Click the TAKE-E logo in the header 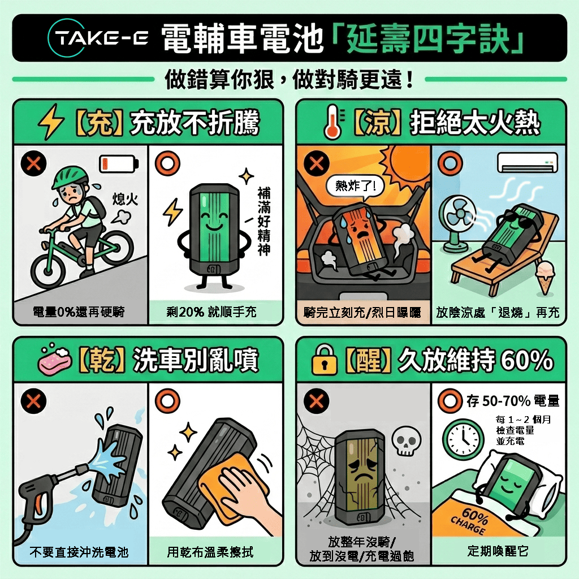98,38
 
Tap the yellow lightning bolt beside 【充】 51,122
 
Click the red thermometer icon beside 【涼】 333,122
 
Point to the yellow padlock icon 325,360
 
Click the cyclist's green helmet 70,177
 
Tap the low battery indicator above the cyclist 119,163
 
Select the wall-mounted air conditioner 528,163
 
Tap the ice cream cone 545,277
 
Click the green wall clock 463,439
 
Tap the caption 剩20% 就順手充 211,312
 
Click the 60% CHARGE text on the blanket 470,521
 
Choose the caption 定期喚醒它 498,551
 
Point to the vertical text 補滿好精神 264,221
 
